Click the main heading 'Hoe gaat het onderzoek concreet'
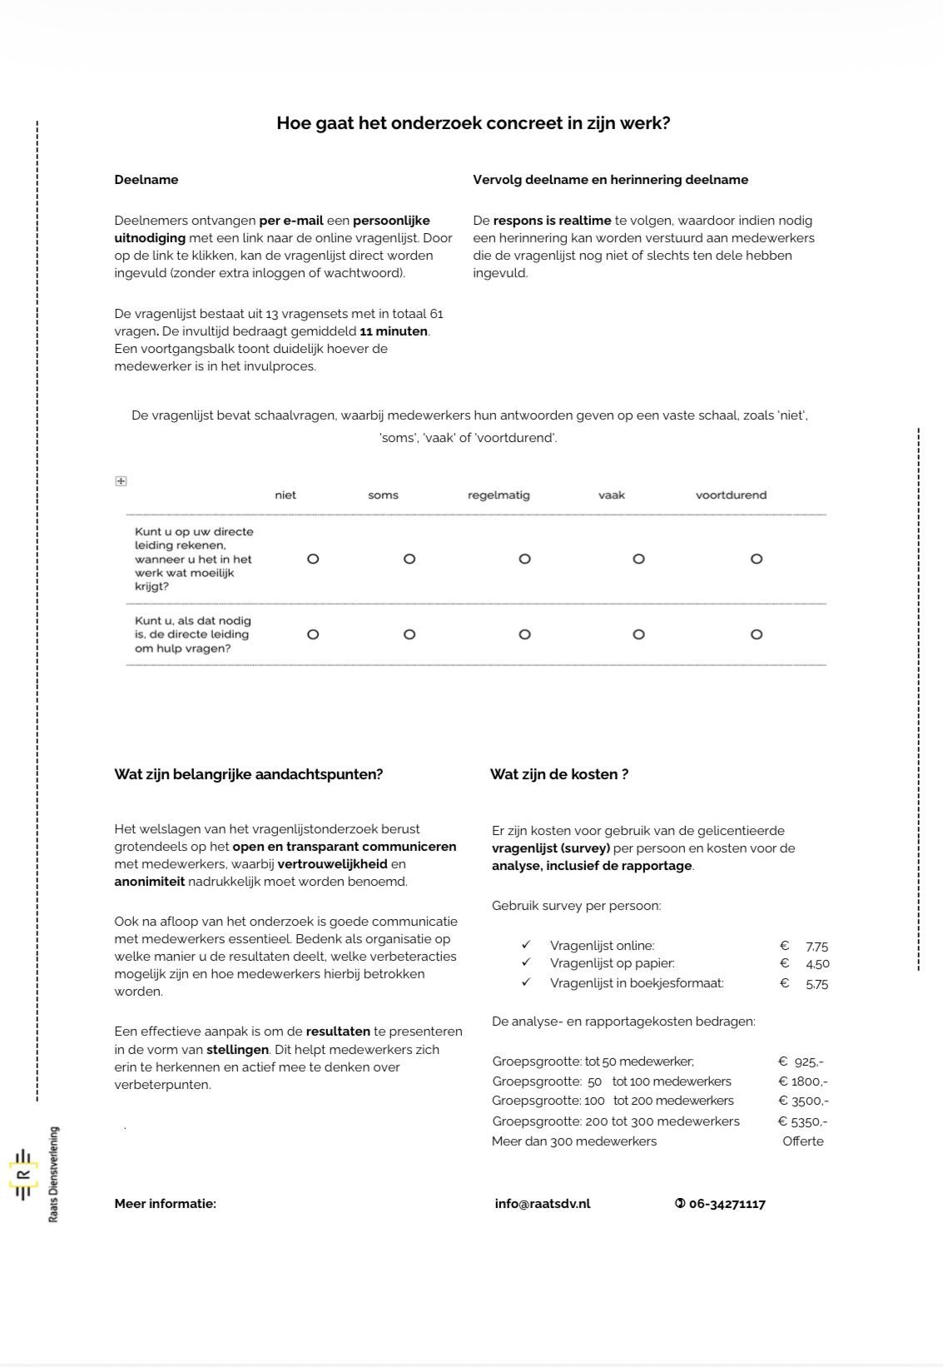pyautogui.click(x=473, y=123)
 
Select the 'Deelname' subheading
pyautogui.click(x=146, y=180)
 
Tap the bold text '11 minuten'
pyautogui.click(x=394, y=331)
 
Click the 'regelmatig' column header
pyautogui.click(x=499, y=495)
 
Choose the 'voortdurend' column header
pyautogui.click(x=731, y=495)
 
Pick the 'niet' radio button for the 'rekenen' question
pyautogui.click(x=313, y=559)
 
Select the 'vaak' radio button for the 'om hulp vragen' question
pyautogui.click(x=638, y=634)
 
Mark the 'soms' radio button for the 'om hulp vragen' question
pyautogui.click(x=409, y=634)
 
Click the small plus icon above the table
pyautogui.click(x=121, y=481)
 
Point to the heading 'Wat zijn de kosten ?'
pyautogui.click(x=558, y=774)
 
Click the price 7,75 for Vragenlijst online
pyautogui.click(x=816, y=947)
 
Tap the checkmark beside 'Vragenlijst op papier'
pyautogui.click(x=526, y=963)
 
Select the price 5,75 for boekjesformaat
pyautogui.click(x=816, y=984)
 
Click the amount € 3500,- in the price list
pyautogui.click(x=802, y=1101)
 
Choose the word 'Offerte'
pyautogui.click(x=802, y=1141)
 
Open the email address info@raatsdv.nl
pyautogui.click(x=542, y=1204)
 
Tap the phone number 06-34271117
pyautogui.click(x=726, y=1204)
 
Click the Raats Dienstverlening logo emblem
pyautogui.click(x=23, y=1174)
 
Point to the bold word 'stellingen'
pyautogui.click(x=237, y=1050)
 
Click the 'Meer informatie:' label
pyautogui.click(x=165, y=1204)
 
